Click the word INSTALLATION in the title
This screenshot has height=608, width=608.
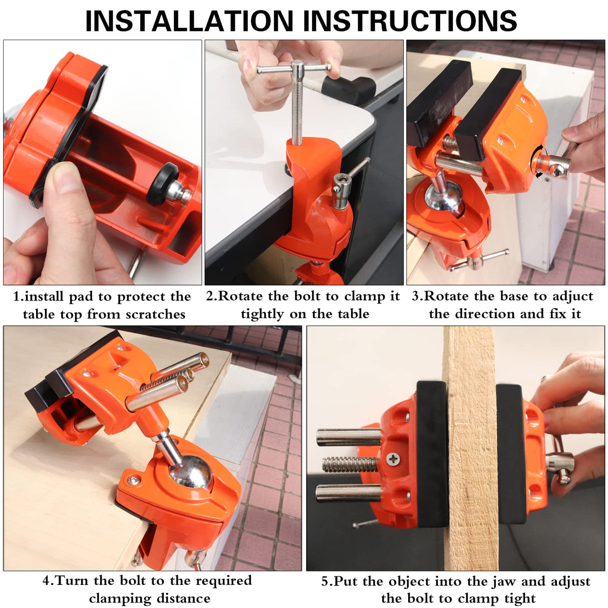coord(189,21)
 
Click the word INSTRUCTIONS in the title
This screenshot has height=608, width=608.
coord(412,21)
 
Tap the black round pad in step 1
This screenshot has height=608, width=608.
coord(162,184)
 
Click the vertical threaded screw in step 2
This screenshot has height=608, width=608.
coord(297,110)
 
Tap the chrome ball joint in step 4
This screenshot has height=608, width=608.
coord(190,471)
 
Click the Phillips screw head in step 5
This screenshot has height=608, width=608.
coord(393,458)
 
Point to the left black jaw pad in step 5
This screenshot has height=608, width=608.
coord(432,453)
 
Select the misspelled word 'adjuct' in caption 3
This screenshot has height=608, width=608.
coord(572,296)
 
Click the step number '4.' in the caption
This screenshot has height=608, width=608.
coord(48,581)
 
